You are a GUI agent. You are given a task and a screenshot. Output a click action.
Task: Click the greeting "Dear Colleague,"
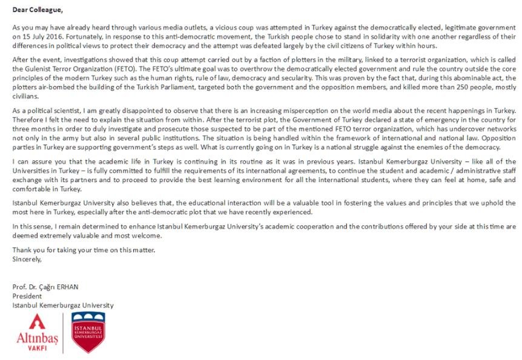(38, 10)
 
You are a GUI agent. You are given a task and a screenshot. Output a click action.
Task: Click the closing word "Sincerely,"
(27, 260)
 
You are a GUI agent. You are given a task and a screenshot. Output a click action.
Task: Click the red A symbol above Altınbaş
(36, 322)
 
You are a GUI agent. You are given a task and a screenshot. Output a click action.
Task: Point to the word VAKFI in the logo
(38, 349)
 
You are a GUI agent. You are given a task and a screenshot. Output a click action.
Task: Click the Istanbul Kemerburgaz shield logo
(88, 332)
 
